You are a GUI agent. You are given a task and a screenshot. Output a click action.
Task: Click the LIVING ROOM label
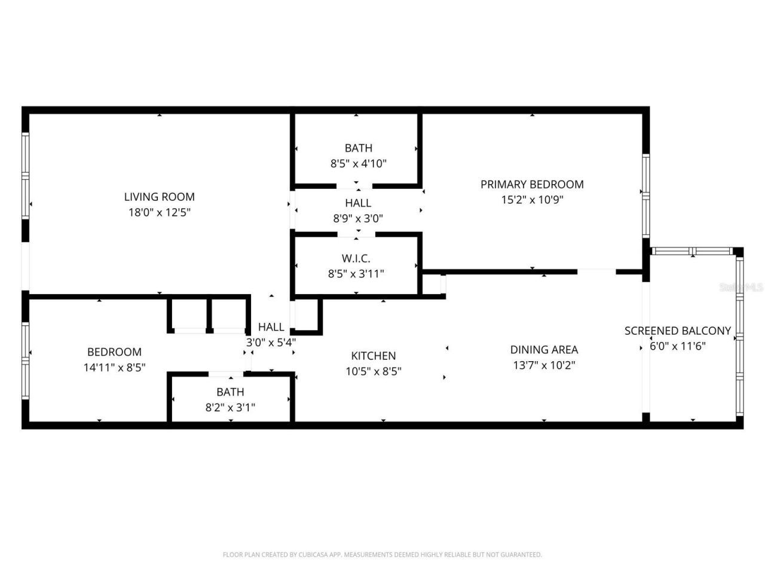[x=160, y=197]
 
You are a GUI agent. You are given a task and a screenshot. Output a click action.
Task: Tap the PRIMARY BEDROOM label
[x=532, y=184]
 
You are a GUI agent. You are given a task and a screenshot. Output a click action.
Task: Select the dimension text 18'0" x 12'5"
[x=160, y=212]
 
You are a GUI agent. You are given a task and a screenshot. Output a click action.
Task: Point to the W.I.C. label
[x=356, y=258]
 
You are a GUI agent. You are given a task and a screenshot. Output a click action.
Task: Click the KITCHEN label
[x=374, y=356]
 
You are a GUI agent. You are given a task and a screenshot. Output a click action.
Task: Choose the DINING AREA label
[x=544, y=350]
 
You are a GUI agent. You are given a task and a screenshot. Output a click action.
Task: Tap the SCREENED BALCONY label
[x=678, y=331]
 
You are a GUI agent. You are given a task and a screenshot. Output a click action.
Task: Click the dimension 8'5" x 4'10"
[x=359, y=163]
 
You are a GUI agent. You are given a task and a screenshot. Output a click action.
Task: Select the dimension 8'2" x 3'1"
[x=230, y=408]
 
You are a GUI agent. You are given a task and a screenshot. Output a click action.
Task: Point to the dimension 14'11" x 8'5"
[x=115, y=368]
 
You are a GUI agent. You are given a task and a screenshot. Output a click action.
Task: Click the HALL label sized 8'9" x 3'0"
[x=358, y=203]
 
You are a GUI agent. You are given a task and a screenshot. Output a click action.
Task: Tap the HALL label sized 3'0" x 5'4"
[x=271, y=327]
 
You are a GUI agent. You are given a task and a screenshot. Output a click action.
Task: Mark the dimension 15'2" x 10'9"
[x=532, y=200]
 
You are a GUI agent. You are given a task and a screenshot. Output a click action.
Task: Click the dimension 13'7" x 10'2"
[x=544, y=365]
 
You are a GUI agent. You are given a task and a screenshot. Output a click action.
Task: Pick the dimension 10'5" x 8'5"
[x=374, y=371]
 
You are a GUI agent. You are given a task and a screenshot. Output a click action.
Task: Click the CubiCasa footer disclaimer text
[x=382, y=555]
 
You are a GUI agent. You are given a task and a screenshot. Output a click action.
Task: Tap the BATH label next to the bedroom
[x=230, y=392]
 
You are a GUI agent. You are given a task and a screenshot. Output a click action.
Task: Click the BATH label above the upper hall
[x=359, y=148]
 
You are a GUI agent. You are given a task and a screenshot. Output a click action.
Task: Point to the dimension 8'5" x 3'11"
[x=356, y=274]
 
